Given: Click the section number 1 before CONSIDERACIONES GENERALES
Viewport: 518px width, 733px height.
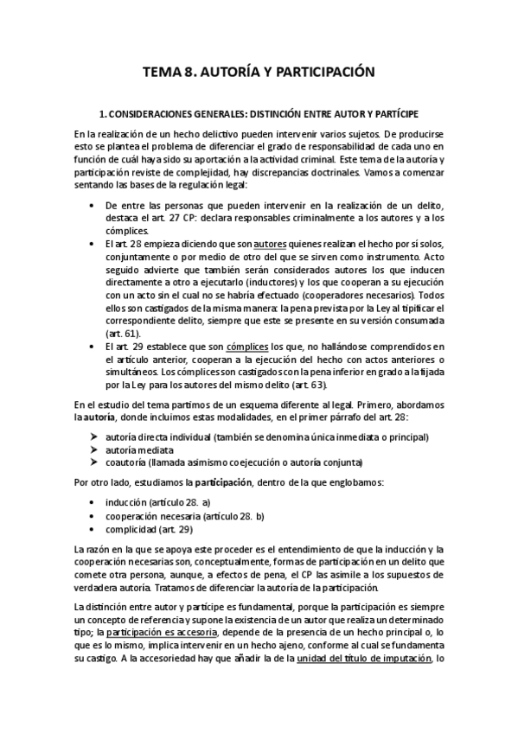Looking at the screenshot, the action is [x=103, y=113].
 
